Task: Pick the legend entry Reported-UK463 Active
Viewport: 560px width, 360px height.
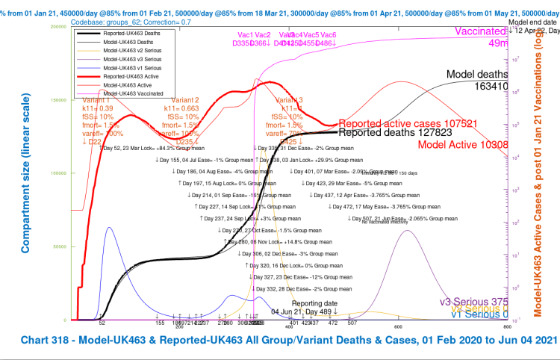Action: (x=132, y=76)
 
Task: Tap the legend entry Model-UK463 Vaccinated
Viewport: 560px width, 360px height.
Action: (x=134, y=93)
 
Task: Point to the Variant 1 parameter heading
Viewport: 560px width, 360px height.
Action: (x=96, y=100)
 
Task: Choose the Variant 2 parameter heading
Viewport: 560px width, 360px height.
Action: (x=185, y=100)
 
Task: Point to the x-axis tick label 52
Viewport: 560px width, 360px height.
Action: (x=102, y=323)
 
